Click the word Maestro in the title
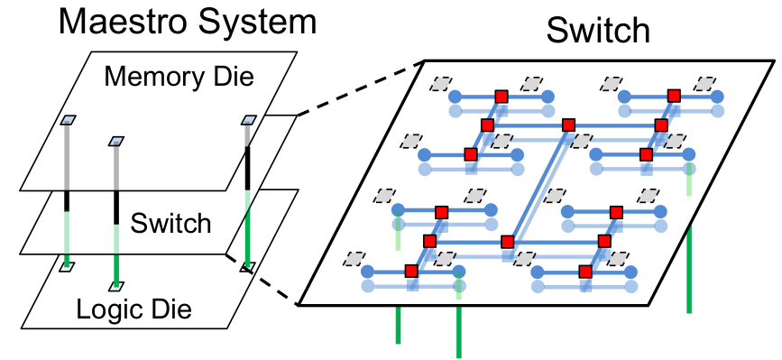pos(120,22)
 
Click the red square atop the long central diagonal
pos(569,125)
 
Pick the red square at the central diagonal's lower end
pos(507,241)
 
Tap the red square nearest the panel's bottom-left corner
pos(411,271)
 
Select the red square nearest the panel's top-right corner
pos(674,95)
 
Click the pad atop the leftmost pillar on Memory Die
pos(68,121)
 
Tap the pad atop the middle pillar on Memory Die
pos(115,141)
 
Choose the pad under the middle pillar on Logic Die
pos(115,286)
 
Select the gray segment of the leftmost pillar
pos(68,158)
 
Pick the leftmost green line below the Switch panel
pos(397,325)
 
